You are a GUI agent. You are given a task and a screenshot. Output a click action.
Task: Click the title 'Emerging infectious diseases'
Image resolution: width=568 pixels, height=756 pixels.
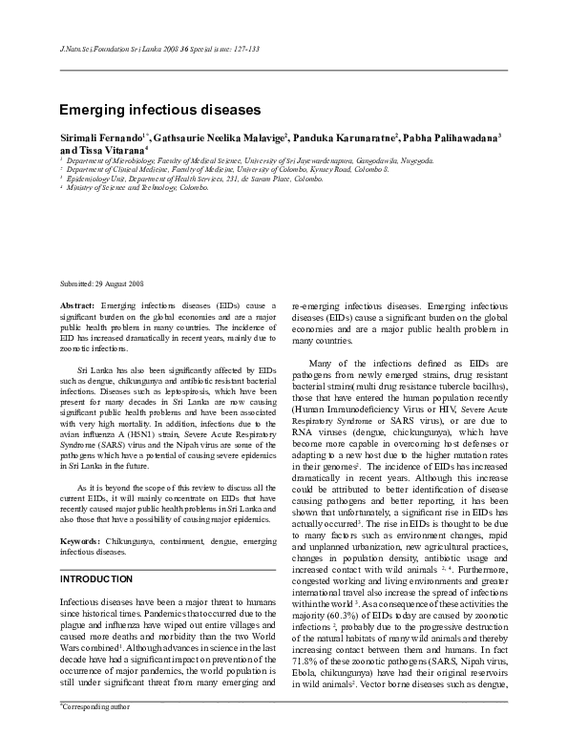tap(159, 111)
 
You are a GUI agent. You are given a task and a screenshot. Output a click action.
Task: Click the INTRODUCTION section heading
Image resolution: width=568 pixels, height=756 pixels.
tap(95, 579)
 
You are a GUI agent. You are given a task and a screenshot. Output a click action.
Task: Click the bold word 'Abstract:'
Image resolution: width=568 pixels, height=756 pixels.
tap(77, 304)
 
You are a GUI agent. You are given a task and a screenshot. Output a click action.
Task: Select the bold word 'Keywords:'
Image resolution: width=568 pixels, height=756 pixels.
tap(81, 541)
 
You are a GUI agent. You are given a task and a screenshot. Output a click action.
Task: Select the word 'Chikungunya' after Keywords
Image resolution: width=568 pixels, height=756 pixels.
tap(134, 541)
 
